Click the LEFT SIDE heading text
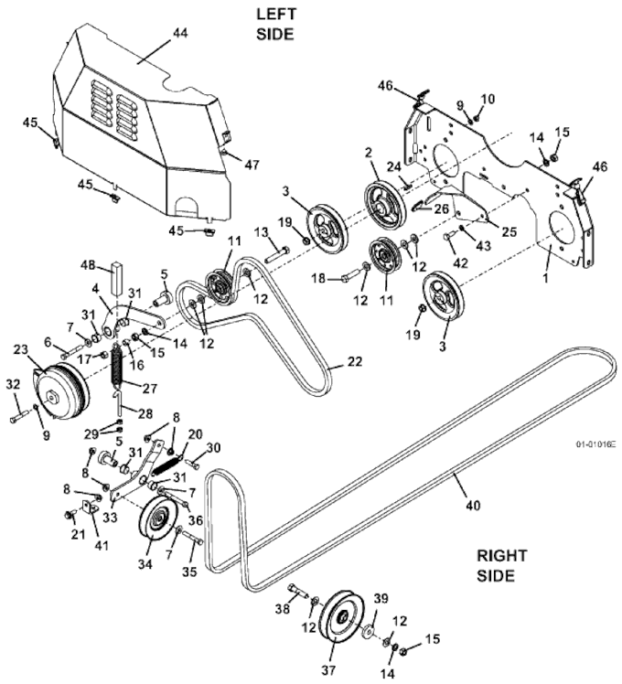pyautogui.click(x=275, y=24)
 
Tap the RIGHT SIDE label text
pyautogui.click(x=501, y=566)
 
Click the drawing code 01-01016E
pyautogui.click(x=595, y=444)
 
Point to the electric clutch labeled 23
pyautogui.click(x=61, y=392)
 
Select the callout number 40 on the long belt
pyautogui.click(x=473, y=505)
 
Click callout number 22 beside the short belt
pyautogui.click(x=354, y=361)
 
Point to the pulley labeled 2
pyautogui.click(x=381, y=203)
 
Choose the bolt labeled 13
pyautogui.click(x=276, y=254)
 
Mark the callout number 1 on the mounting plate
pyautogui.click(x=545, y=277)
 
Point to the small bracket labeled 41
pyautogui.click(x=90, y=507)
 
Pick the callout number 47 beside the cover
pyautogui.click(x=252, y=165)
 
